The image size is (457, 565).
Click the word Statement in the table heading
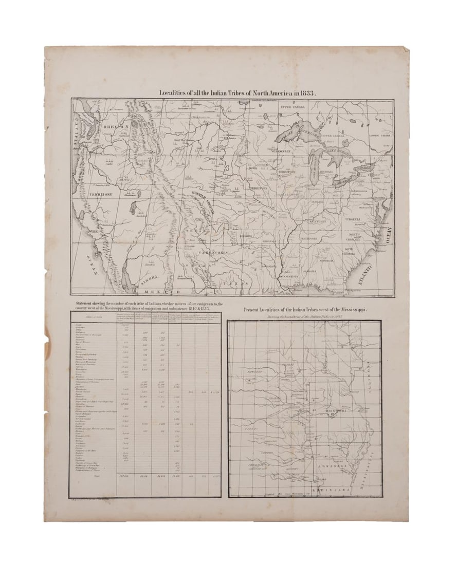(x=85, y=304)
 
